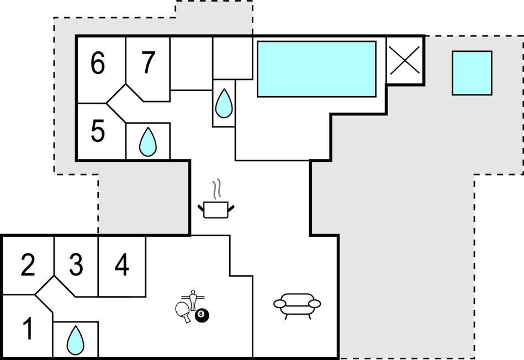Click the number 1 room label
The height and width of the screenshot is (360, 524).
[29, 328]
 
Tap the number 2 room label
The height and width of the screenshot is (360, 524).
[28, 264]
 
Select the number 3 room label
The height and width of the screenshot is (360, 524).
[76, 264]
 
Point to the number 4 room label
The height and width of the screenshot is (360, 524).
[121, 264]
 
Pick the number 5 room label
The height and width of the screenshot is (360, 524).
[98, 131]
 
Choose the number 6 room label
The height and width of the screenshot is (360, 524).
[98, 63]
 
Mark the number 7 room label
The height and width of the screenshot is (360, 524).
[148, 62]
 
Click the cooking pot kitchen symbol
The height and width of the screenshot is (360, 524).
[216, 210]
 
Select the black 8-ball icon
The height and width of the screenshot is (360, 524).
[202, 315]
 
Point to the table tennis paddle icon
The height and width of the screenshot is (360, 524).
[183, 311]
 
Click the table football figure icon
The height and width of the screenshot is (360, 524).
[193, 300]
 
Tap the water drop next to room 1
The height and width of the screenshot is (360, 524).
[75, 340]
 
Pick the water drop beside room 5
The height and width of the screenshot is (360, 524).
[148, 142]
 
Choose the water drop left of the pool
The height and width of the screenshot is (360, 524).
[224, 103]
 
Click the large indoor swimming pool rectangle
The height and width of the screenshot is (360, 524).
[316, 69]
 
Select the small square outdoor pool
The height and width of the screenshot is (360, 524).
[472, 73]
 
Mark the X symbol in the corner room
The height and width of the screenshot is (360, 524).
[405, 60]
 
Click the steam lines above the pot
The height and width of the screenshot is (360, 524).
[218, 188]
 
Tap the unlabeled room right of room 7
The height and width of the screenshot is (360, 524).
[191, 63]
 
